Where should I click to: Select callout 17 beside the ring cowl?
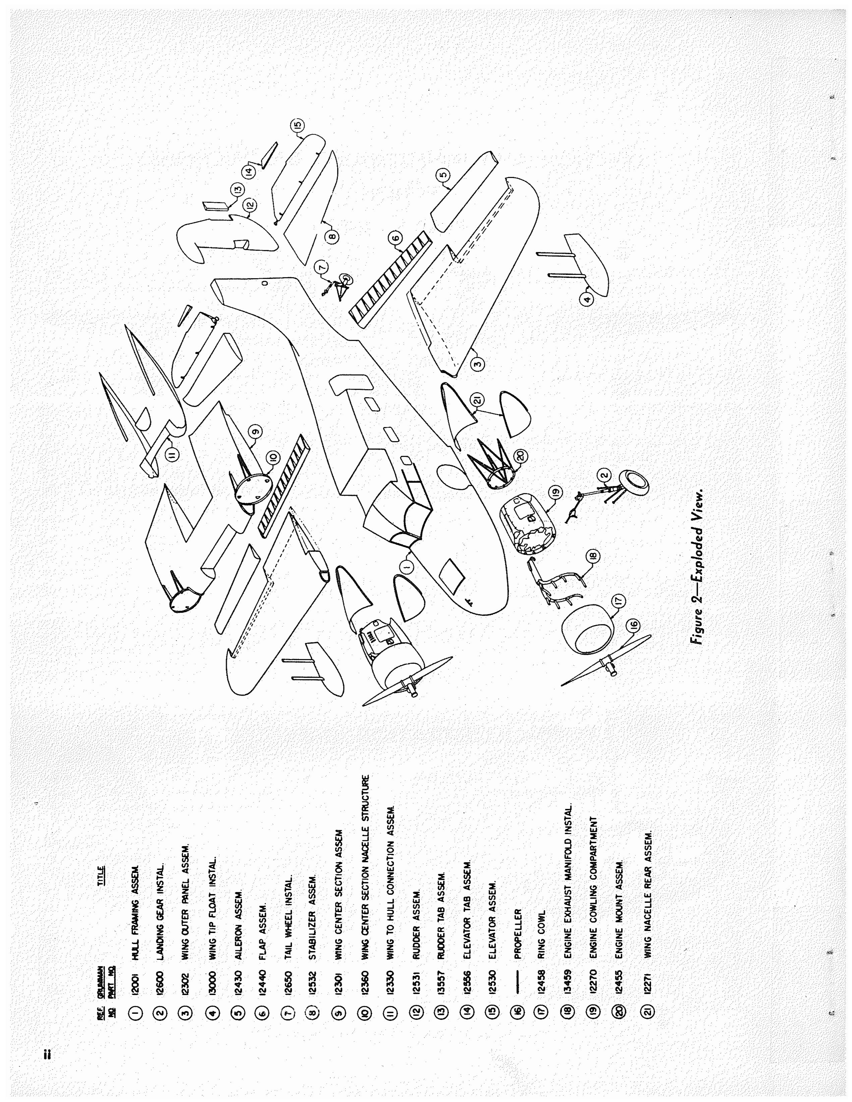pyautogui.click(x=619, y=601)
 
